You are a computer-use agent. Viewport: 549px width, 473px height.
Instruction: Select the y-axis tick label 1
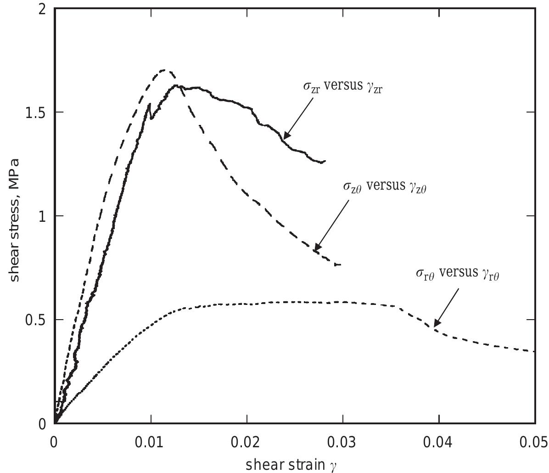click(42, 216)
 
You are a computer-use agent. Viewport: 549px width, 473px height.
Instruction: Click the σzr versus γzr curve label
click(342, 87)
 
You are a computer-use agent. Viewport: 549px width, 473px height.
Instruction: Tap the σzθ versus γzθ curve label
click(385, 187)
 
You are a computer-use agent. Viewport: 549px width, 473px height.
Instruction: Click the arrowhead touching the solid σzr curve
click(285, 136)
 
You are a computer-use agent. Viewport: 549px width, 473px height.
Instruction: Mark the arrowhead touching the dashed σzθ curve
click(316, 249)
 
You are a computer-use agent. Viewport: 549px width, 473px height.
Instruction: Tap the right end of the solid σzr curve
click(325, 161)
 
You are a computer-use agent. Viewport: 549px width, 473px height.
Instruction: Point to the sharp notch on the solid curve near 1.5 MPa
click(150, 105)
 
